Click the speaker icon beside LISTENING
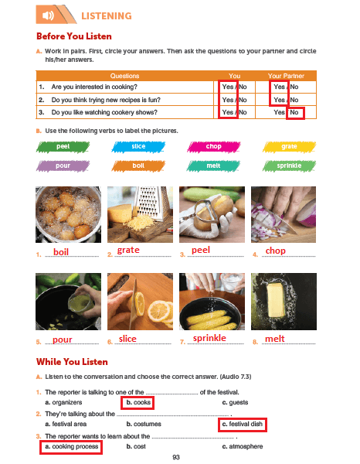coord(48,15)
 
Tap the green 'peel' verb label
coord(63,147)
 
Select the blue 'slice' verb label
coord(138,146)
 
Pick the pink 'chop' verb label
coord(214,146)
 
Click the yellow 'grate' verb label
coord(289,146)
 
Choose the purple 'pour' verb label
coord(63,165)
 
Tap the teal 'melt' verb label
coord(213,165)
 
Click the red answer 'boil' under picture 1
coord(61,252)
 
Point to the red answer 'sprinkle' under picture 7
coord(209,338)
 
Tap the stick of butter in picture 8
coord(276,299)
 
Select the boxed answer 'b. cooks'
coord(138,403)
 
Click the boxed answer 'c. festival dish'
coord(243,425)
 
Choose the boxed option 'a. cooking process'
coord(71,447)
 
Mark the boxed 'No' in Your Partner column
coord(295,113)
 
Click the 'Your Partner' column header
coord(286,76)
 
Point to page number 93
coord(176,457)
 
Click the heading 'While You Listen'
coord(72,362)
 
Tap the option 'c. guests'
coord(235,402)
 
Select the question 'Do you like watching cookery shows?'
coord(104,112)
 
